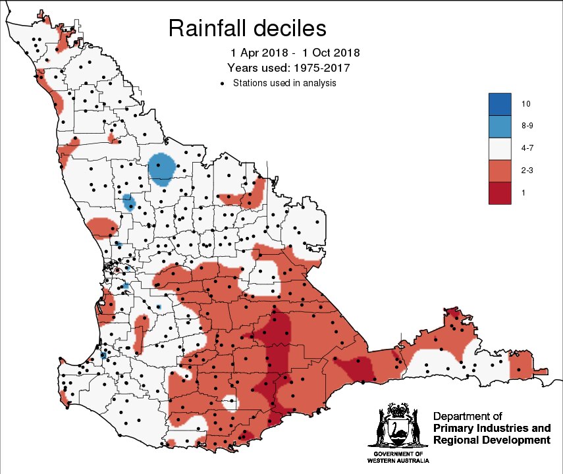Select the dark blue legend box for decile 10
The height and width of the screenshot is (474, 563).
pos(500,104)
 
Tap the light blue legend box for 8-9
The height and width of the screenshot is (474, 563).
pos(500,126)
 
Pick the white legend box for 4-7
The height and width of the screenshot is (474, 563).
pos(500,149)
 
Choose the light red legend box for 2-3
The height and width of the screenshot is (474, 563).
pos(500,171)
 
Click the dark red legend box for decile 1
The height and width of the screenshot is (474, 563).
pos(500,193)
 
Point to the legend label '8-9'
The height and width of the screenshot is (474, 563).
pos(526,126)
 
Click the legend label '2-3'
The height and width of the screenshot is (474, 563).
pos(526,171)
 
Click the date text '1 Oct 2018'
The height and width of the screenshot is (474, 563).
pos(331,53)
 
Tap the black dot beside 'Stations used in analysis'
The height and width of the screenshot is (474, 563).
pos(223,84)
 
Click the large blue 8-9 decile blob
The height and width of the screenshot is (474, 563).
pos(161,169)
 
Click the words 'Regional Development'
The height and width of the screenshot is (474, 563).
pos(491,440)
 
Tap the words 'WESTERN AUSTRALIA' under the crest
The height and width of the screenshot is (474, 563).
pos(397,461)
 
